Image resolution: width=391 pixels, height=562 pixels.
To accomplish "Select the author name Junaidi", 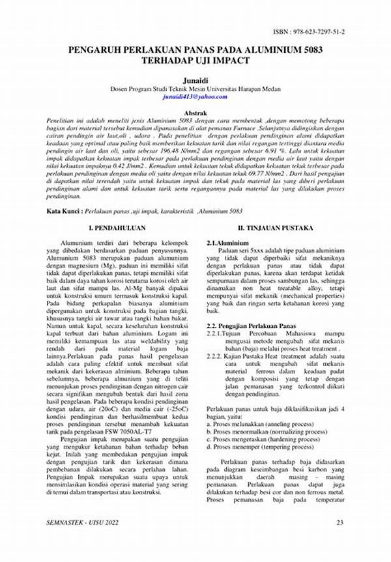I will tap(196, 78).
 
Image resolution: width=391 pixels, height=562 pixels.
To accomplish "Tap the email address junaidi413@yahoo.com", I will tap(196, 96).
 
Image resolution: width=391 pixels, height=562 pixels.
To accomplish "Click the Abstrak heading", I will tap(196, 113).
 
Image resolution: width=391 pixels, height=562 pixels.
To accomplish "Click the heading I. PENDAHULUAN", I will tap(116, 229).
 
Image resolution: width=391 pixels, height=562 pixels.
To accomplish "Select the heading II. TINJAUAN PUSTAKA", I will tap(276, 229).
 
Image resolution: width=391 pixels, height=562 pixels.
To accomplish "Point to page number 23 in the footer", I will tap(340, 523).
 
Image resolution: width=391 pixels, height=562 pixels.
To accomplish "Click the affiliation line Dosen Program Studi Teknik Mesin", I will tap(196, 88).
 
